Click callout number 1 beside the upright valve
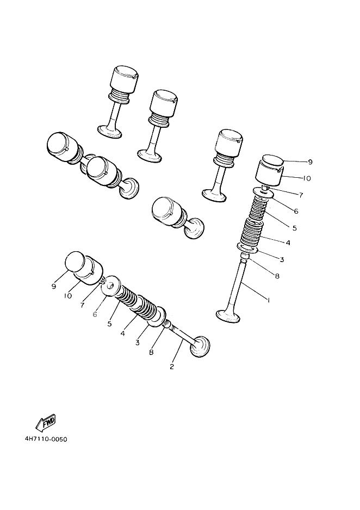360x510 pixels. [x=267, y=299]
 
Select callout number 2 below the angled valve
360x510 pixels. [x=172, y=366]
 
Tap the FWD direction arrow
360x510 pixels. [x=45, y=422]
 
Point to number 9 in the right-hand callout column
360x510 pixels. [x=310, y=162]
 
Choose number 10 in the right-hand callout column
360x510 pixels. [x=306, y=178]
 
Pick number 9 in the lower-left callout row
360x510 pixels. [x=54, y=287]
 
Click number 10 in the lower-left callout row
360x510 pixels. [x=68, y=296]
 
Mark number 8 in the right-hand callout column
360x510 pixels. [x=277, y=276]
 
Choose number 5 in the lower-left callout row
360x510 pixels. [x=109, y=324]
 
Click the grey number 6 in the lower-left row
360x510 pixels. [x=95, y=314]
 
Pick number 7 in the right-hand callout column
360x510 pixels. [x=301, y=195]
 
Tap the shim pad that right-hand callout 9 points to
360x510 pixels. [x=273, y=160]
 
